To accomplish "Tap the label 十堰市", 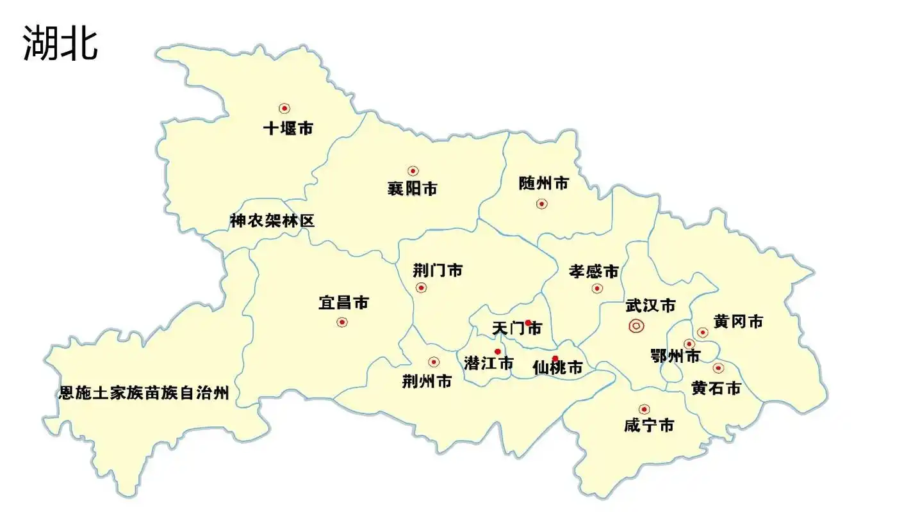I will pos(288,129).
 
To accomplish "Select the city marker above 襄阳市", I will pos(413,171).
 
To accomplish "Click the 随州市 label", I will pos(543,184).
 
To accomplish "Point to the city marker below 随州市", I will pos(542,204).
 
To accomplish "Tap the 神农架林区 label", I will pos(272,221).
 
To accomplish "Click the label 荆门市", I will pos(438,271).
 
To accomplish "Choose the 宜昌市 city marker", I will pos(342,322).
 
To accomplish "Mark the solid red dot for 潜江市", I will pos(498,351).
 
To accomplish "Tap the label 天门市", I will pos(517,330).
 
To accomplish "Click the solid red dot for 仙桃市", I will pos(555,358).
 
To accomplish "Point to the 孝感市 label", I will pos(594,272).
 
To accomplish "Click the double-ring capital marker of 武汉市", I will pos(636,326).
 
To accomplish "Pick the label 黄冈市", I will pos(738,322).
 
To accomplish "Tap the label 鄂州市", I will pos(675,356).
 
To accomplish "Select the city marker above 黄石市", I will pos(718,368).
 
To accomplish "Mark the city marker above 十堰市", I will pos(284,109).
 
